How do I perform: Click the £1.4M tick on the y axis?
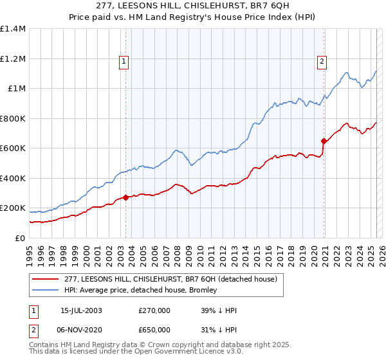(x=13, y=29)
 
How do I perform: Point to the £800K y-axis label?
(x=13, y=118)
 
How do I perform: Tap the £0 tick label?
(x=19, y=238)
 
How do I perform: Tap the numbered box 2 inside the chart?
(x=321, y=62)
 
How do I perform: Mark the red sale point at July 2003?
(x=126, y=198)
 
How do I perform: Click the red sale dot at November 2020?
(x=324, y=141)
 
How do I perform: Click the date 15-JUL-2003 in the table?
(x=81, y=310)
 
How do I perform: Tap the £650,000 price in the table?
(x=154, y=329)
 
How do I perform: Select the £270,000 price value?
(x=154, y=310)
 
